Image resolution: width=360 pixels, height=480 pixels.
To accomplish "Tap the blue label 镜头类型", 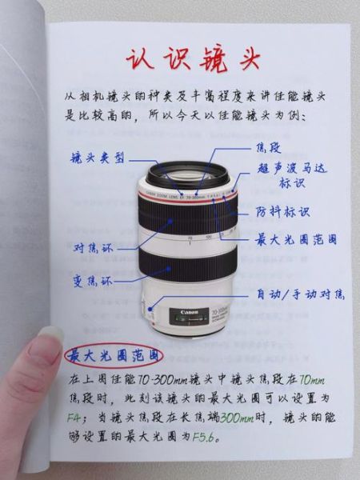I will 98,158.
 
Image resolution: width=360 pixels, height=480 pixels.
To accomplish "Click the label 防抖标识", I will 282,213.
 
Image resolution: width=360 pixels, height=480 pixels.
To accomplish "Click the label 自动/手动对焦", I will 299,295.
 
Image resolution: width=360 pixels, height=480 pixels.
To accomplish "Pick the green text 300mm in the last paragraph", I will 237,417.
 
